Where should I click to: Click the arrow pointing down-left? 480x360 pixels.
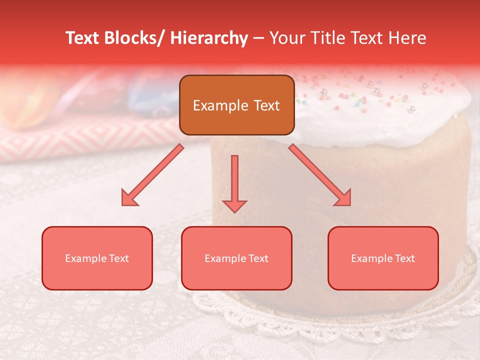click(152, 175)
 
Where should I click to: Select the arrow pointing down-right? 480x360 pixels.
click(320, 175)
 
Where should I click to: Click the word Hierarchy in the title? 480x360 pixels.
click(208, 38)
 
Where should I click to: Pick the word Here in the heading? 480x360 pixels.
click(407, 38)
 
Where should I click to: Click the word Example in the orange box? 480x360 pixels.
click(220, 105)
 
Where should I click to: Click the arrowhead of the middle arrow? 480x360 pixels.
click(234, 205)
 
